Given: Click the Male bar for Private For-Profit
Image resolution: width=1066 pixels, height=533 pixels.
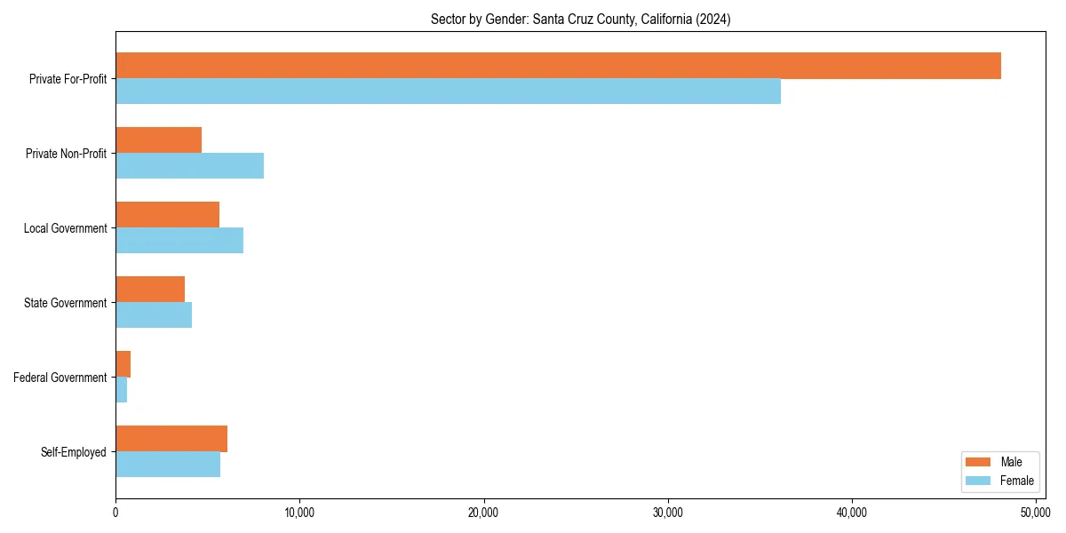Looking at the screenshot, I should click(558, 66).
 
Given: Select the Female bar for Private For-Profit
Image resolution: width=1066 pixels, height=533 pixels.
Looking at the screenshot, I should click(448, 91).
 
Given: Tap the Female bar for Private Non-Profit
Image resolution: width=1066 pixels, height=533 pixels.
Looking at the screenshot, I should click(189, 166).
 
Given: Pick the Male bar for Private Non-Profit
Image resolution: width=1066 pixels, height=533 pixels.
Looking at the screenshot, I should click(158, 140).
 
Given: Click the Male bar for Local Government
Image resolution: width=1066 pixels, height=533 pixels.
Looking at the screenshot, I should click(167, 215).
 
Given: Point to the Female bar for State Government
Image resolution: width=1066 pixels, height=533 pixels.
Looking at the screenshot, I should click(154, 315).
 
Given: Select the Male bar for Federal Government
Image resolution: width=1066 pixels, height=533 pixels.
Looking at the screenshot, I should click(123, 364).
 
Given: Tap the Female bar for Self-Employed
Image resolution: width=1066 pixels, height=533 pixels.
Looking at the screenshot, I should click(168, 465).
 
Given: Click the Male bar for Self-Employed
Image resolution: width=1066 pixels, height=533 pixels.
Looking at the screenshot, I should click(171, 439).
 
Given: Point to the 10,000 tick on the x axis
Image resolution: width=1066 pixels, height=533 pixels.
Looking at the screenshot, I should click(299, 513).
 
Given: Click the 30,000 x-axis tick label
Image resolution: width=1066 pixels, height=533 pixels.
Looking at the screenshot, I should click(667, 513).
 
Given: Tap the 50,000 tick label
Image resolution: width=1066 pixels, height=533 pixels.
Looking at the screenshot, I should click(1035, 513).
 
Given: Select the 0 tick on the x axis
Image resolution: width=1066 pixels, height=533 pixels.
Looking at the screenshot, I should click(115, 513).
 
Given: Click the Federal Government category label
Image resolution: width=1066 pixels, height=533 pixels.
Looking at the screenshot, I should click(60, 378).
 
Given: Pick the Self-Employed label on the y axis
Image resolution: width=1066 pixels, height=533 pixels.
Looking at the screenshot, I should click(74, 452).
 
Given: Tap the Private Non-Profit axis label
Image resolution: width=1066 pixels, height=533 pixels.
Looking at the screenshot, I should click(66, 154).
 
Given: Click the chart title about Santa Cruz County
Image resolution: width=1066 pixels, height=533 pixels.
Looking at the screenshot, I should click(580, 19).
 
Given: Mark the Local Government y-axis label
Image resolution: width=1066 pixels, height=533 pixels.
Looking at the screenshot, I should click(65, 228).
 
